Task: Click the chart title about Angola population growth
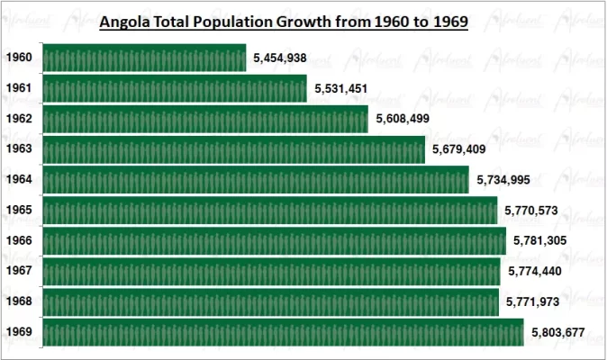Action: click(283, 22)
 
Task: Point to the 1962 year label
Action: click(19, 119)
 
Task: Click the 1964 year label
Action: click(19, 180)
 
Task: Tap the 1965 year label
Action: click(19, 211)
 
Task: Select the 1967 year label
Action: click(19, 271)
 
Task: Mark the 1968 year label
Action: click(19, 301)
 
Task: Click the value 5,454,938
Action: click(280, 58)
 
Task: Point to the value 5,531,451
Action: click(341, 89)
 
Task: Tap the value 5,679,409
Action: click(459, 149)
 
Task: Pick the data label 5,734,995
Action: click(503, 180)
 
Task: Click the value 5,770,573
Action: click(531, 211)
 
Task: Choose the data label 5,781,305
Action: click(540, 241)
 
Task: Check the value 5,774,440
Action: click(535, 271)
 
